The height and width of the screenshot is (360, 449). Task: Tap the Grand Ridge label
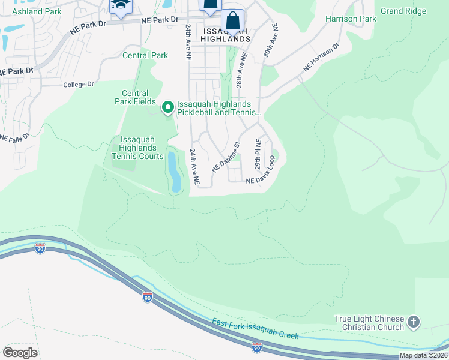403,11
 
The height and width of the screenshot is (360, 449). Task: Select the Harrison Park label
351,19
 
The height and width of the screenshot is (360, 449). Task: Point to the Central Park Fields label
135,97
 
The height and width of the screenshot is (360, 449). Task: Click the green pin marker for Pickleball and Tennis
168,108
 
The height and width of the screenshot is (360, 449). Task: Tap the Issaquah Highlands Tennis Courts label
137,148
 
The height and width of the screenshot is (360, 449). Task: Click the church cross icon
413,323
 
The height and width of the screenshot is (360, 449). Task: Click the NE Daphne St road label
226,157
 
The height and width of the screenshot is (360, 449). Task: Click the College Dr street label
79,85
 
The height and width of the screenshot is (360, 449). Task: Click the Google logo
20,352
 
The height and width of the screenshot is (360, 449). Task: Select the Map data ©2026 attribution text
423,355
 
